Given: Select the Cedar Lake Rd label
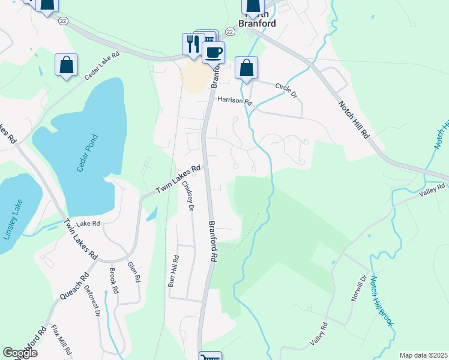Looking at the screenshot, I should click(102, 65).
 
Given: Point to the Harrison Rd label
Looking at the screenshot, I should click(235, 100).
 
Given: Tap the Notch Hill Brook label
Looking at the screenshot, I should click(381, 301).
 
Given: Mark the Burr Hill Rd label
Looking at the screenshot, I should click(174, 271).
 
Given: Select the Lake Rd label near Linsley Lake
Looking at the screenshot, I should click(88, 223).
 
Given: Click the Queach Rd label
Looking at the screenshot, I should click(74, 286).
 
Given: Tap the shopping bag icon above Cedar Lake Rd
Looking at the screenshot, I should click(66, 65).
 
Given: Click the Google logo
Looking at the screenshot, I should click(20, 353).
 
